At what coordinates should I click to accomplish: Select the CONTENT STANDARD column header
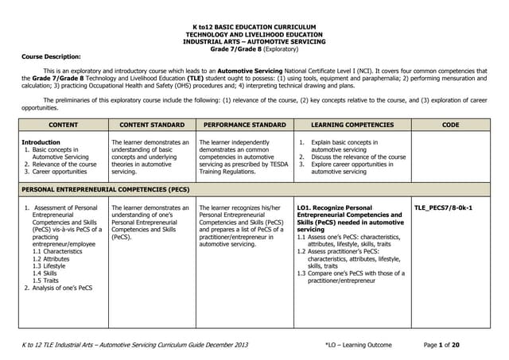[x=151, y=125]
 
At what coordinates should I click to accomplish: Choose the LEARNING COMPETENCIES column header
[x=352, y=125]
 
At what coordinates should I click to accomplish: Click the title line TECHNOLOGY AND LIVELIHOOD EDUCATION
[x=254, y=36]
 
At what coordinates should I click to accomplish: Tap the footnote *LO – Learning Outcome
[x=358, y=343]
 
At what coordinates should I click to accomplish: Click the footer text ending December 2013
[x=135, y=343]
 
